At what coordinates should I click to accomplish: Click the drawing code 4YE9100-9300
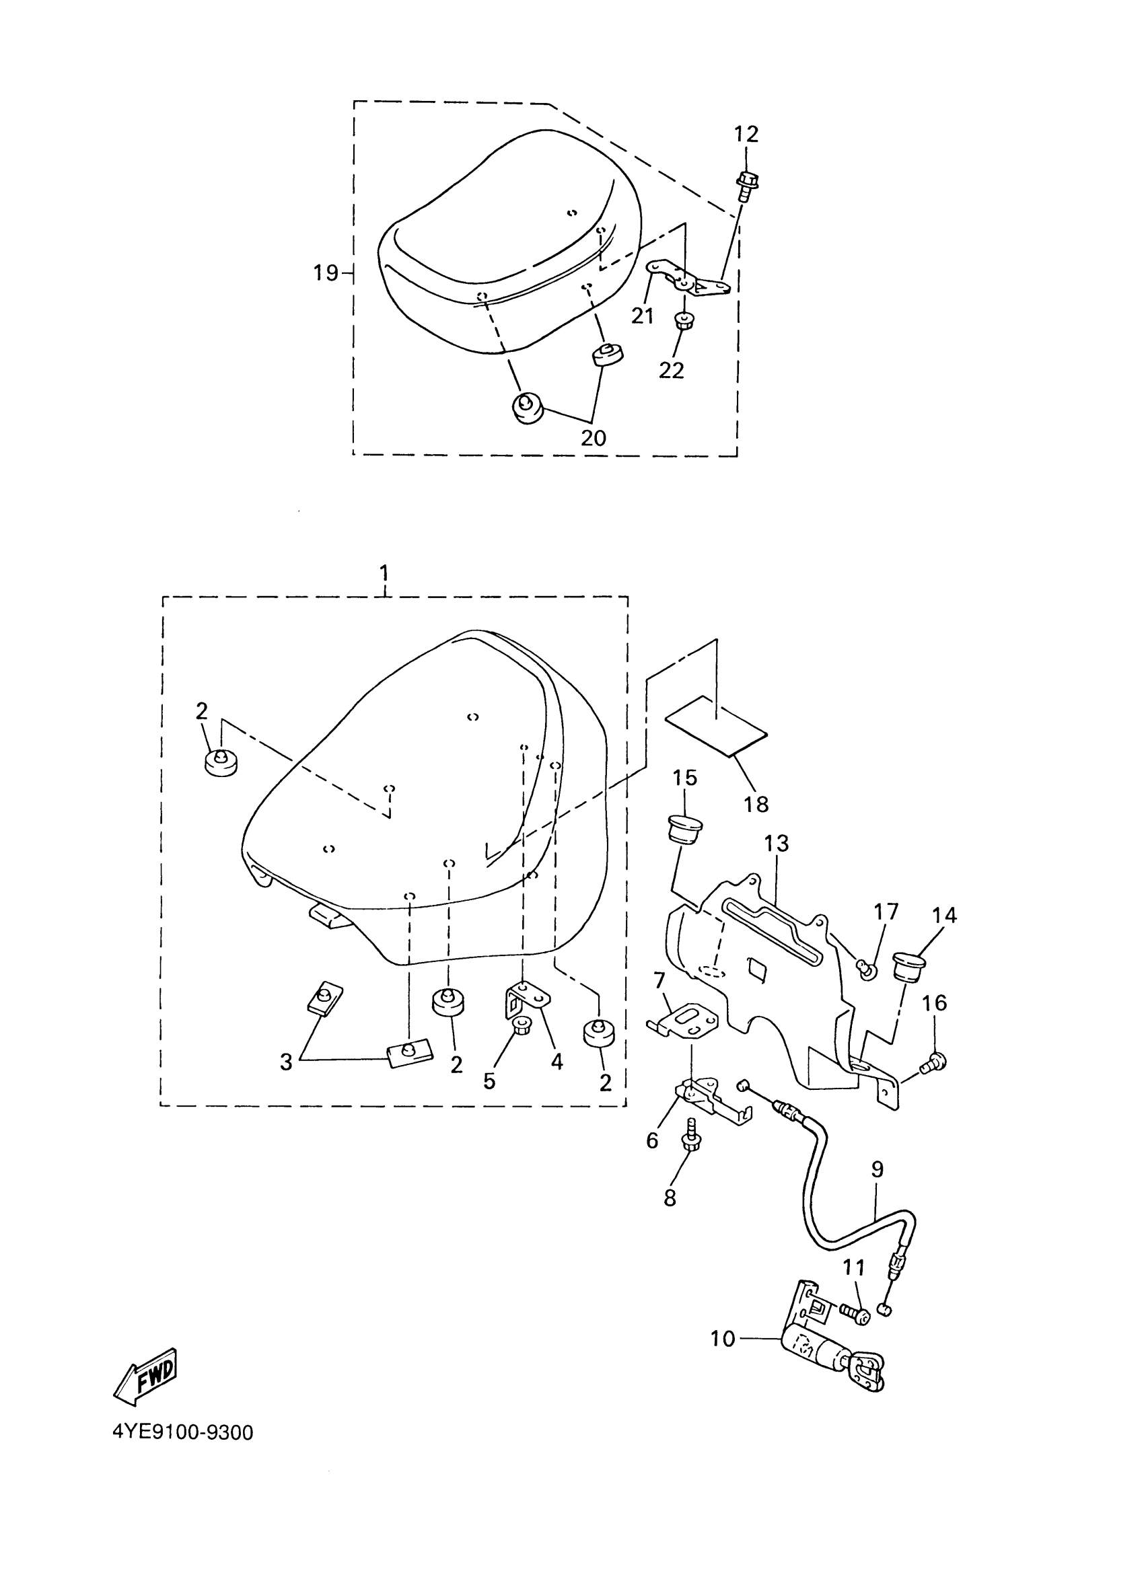tap(182, 1433)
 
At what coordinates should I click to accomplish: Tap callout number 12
tap(746, 134)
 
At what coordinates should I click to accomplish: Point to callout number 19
tap(325, 273)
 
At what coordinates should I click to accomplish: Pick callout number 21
tap(642, 316)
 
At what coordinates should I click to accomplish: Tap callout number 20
tap(594, 437)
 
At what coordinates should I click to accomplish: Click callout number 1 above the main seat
tap(384, 574)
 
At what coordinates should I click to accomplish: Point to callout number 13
tap(776, 843)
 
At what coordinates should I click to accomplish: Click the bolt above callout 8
tap(693, 1141)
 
